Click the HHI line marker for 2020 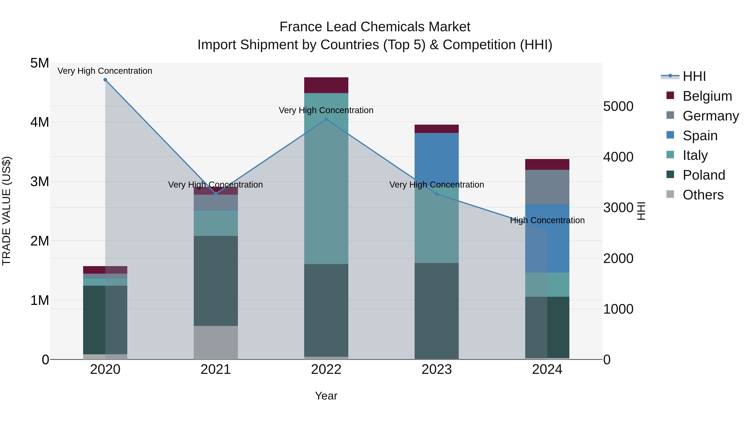click(x=105, y=80)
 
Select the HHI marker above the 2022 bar click(x=326, y=119)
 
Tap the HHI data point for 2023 click(x=436, y=194)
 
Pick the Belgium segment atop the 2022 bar click(x=326, y=85)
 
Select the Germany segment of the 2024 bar click(x=547, y=187)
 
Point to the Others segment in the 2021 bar click(x=216, y=342)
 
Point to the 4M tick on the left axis click(x=40, y=122)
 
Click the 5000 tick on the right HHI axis click(x=618, y=106)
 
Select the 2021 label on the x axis click(x=216, y=369)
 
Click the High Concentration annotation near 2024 click(x=547, y=220)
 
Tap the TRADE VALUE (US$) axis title click(x=6, y=211)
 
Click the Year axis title click(x=326, y=396)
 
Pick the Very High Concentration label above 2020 click(x=105, y=71)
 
